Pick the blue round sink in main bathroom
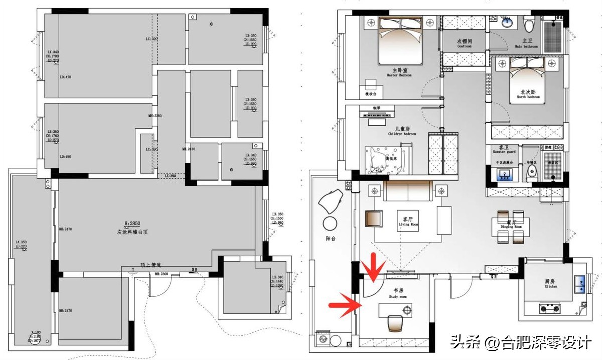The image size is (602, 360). [x=507, y=22]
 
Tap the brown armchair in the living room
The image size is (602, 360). [x=373, y=219]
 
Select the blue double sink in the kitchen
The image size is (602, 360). [x=581, y=284]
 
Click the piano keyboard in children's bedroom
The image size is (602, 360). [x=377, y=116]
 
